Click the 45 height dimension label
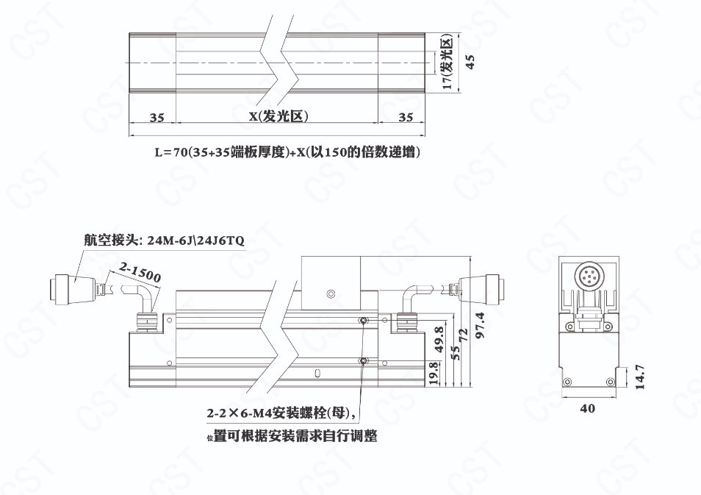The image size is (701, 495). (470, 62)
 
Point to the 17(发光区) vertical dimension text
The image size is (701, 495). (447, 63)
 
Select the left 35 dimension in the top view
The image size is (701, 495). (157, 118)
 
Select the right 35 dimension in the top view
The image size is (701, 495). (406, 117)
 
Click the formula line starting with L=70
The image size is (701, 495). (287, 152)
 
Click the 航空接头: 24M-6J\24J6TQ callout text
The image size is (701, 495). (164, 241)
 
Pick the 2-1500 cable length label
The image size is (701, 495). (140, 273)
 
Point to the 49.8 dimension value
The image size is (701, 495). (439, 339)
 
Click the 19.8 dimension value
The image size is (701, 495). (434, 373)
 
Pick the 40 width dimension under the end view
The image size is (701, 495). (587, 408)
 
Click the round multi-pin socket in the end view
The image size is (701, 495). (588, 276)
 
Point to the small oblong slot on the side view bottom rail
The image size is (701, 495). (317, 372)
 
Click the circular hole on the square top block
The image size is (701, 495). (331, 294)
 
